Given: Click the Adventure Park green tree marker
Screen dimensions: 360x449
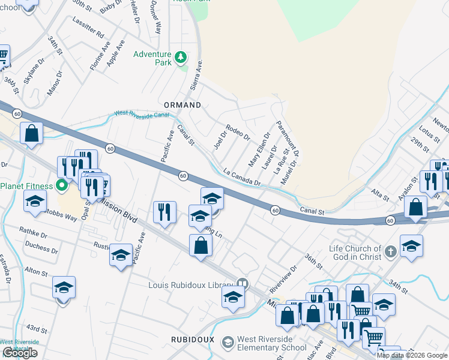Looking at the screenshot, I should (x=181, y=58).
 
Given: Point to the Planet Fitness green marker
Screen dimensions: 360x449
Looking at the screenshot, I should (x=61, y=185).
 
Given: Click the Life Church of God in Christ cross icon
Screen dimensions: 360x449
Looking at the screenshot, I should (x=390, y=253).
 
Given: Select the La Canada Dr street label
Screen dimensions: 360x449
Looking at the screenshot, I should (x=242, y=176).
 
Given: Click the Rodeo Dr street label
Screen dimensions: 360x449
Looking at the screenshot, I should (x=237, y=133).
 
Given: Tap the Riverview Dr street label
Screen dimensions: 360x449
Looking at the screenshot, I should (x=283, y=280).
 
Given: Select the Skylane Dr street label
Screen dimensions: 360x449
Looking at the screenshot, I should (x=34, y=70).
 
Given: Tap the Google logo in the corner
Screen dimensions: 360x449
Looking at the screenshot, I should (x=20, y=353).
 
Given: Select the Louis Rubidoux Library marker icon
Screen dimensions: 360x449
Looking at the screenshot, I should (x=243, y=283).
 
